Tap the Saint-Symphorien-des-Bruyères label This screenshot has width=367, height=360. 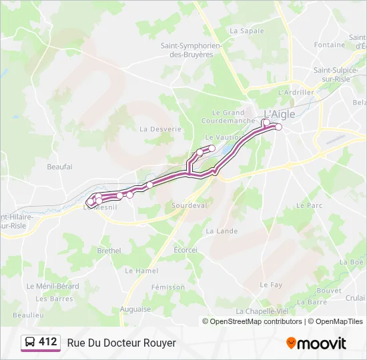(x=191, y=50)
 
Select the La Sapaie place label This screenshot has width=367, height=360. (x=247, y=31)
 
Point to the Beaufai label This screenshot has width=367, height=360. (x=59, y=167)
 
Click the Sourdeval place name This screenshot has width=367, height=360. (x=190, y=206)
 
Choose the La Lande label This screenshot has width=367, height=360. (x=222, y=231)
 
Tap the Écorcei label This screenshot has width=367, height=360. (x=186, y=250)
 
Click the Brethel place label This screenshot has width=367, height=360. (x=109, y=251)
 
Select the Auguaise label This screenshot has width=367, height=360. (x=135, y=309)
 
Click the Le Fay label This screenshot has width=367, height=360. (x=271, y=285)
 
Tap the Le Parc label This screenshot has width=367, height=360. (x=309, y=206)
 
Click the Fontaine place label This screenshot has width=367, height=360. (x=330, y=45)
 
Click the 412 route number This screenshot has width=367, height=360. (x=47, y=342)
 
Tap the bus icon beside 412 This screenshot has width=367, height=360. (x=31, y=343)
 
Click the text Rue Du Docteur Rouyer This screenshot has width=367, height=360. (x=121, y=343)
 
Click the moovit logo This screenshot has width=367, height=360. (x=316, y=343)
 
